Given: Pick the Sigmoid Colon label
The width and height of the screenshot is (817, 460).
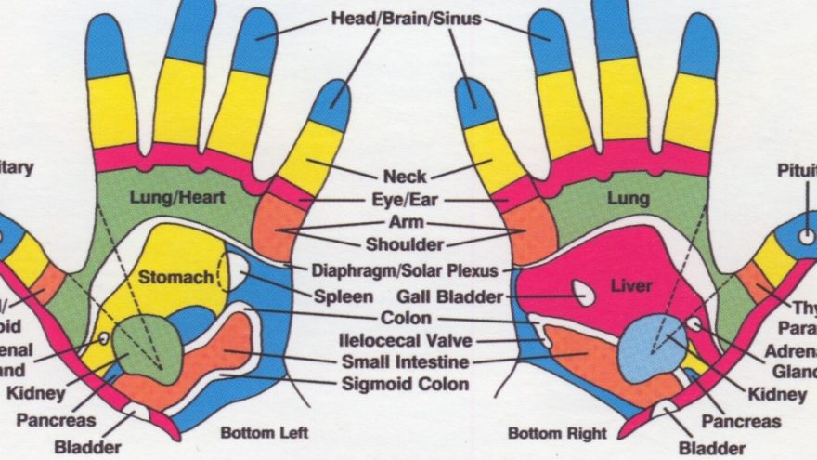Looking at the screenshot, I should click(x=406, y=383).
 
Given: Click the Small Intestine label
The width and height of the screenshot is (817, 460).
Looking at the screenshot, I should click(x=405, y=361).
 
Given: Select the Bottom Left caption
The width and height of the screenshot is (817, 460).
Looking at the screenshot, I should click(x=264, y=432).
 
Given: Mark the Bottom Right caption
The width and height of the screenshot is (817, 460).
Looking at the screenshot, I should click(x=557, y=432).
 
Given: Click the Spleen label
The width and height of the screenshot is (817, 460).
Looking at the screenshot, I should click(x=343, y=296).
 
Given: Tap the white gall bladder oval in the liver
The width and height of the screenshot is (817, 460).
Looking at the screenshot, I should click(x=584, y=294).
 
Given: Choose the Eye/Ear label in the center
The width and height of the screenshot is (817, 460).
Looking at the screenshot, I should click(x=406, y=199).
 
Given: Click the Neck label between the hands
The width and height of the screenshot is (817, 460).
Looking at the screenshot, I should click(x=405, y=176).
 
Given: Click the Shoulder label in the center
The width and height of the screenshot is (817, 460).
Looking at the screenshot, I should click(x=406, y=245).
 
